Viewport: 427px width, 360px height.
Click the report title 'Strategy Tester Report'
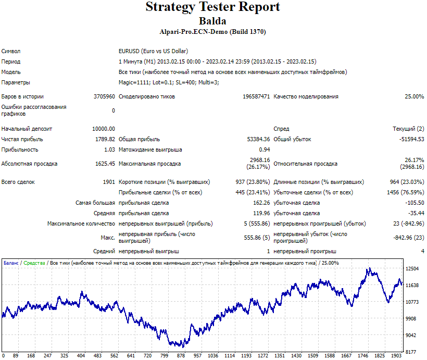click(212, 7)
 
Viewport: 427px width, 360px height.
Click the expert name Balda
click(212, 21)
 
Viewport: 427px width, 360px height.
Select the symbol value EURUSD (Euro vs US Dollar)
click(153, 51)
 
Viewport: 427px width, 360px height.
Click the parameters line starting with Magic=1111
click(169, 82)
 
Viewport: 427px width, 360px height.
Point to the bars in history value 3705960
click(104, 96)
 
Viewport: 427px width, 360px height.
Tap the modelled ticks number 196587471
click(256, 96)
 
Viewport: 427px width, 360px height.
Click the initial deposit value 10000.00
click(104, 129)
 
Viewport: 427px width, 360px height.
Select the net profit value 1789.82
click(105, 139)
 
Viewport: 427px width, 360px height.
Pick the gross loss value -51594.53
click(412, 139)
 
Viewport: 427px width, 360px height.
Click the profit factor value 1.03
click(110, 150)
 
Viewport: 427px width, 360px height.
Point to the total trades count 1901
click(109, 182)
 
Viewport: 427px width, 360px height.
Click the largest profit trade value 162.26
click(261, 203)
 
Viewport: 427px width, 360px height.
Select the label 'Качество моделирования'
click(306, 96)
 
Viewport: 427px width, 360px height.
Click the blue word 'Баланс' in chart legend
click(11, 263)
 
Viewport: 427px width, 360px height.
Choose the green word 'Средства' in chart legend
click(34, 263)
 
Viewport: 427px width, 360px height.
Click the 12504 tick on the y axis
click(412, 269)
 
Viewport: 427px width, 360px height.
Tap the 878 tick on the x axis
click(181, 356)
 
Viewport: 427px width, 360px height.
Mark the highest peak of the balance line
click(370, 268)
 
